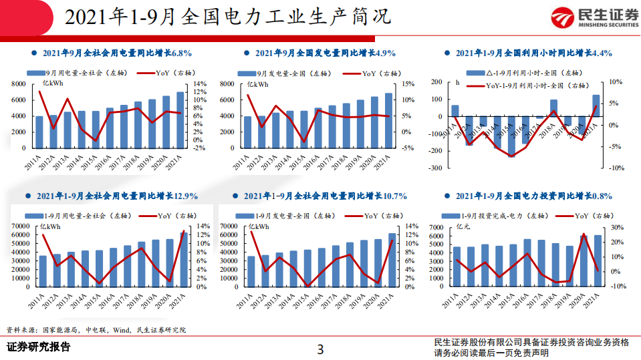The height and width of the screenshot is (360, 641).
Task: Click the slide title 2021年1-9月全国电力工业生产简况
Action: click(x=227, y=17)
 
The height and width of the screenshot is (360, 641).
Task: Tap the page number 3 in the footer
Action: click(x=320, y=348)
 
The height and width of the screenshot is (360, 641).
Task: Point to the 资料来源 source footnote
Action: click(x=96, y=329)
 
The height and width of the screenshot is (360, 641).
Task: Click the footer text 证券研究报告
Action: click(x=39, y=347)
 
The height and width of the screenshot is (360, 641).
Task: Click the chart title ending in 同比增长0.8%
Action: click(x=533, y=196)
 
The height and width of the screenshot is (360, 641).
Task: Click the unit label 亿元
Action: click(x=463, y=227)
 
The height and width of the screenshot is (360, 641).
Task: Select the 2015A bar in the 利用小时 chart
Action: click(x=511, y=136)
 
